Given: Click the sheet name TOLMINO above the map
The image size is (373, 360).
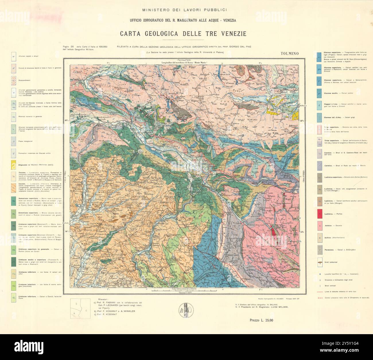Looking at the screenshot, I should point(290,53).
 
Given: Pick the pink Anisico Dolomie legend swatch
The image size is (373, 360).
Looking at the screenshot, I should point(319,226).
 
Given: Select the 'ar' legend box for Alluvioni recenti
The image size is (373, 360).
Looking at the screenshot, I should point(13,56).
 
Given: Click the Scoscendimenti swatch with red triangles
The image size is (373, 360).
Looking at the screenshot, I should point(13,80).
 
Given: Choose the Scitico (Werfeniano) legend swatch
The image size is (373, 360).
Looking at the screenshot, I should point(319,238).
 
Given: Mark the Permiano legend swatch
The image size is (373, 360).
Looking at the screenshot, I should point(319,250).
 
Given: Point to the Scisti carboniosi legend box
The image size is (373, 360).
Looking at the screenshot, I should point(319,262).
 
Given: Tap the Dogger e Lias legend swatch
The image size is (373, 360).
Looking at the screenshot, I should point(319,105).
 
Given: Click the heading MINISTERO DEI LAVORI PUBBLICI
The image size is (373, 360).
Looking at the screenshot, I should point(185,10).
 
